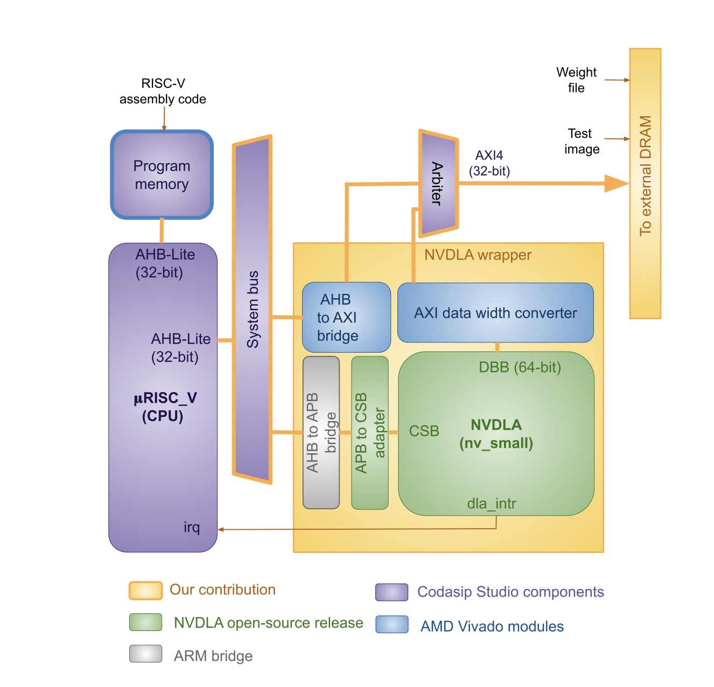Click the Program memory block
[x=162, y=175]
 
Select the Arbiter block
[x=438, y=183]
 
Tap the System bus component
[x=252, y=309]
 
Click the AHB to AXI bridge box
[x=346, y=317]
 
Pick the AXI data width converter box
[x=495, y=313]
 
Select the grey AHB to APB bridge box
[x=321, y=432]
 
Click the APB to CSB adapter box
[x=369, y=432]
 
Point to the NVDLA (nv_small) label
[x=496, y=434]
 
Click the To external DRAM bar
[x=645, y=183]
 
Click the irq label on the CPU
[x=192, y=527]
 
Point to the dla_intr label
[x=491, y=503]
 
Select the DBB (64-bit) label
[x=520, y=367]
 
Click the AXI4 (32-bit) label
[x=489, y=163]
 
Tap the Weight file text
[x=576, y=80]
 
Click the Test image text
[x=581, y=141]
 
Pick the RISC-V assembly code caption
[x=163, y=91]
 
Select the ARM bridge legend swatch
[x=145, y=654]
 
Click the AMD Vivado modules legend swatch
[x=391, y=625]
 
